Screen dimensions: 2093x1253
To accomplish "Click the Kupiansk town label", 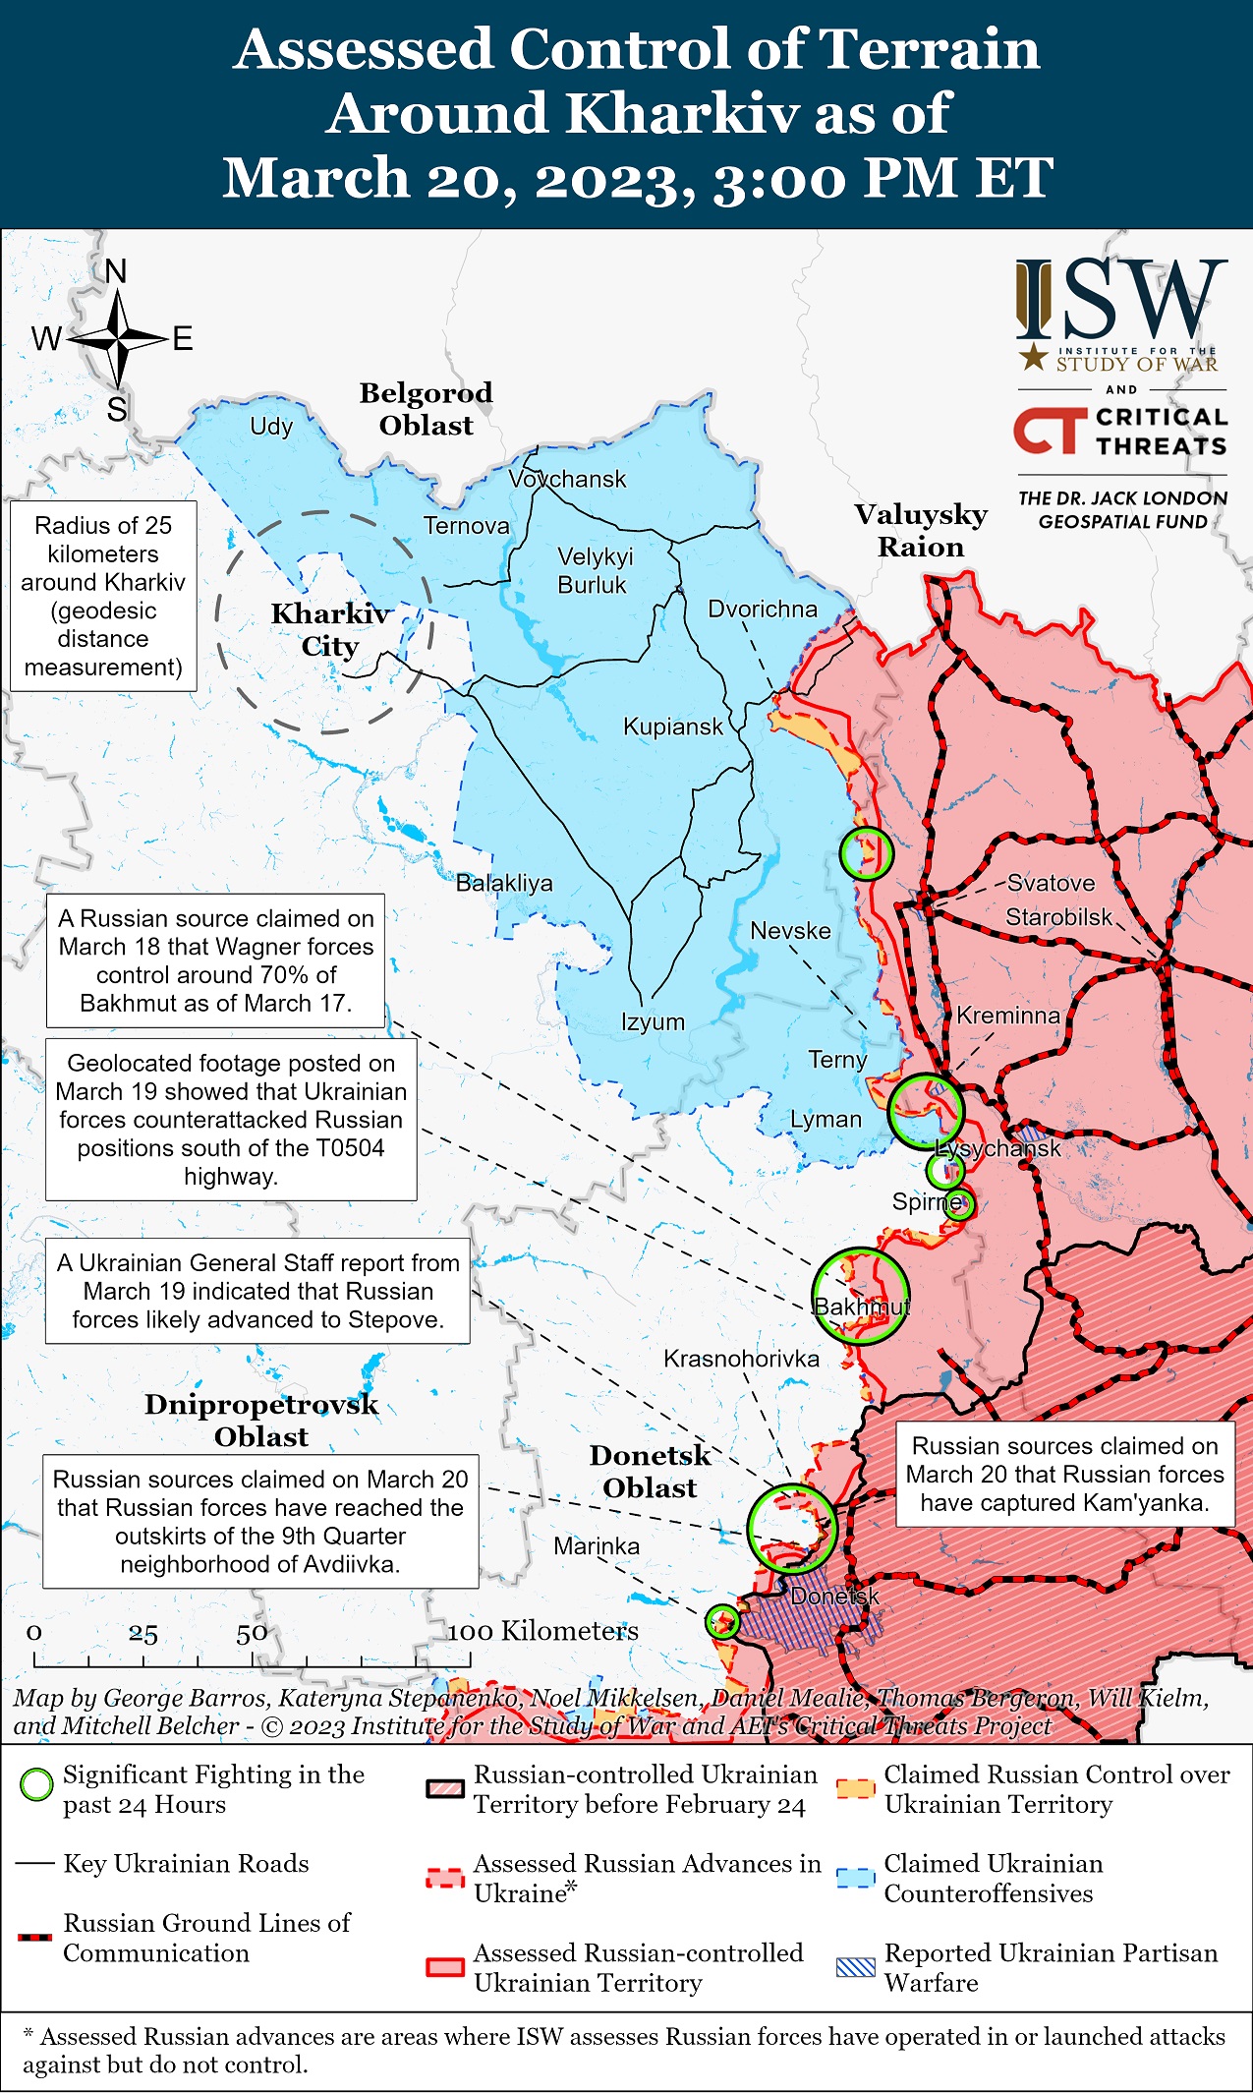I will [672, 727].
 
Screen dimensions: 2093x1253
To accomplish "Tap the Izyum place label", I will [653, 1021].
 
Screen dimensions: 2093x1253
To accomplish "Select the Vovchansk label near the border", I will [567, 479].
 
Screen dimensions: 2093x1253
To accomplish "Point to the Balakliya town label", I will [504, 883].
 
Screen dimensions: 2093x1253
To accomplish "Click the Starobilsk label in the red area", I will [1058, 917].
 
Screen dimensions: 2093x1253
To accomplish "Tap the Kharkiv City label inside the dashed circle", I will [330, 630].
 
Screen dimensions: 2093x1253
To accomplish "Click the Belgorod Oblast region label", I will [426, 409].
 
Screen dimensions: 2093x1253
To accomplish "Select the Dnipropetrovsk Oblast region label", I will [261, 1420].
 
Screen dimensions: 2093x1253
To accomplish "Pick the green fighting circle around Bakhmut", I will [860, 1296].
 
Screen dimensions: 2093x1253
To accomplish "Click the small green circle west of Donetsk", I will [722, 1621].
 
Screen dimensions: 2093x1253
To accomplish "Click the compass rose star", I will [118, 339].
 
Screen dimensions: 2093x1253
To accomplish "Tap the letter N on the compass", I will [116, 271].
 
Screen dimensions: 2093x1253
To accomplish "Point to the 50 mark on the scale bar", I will [252, 1633].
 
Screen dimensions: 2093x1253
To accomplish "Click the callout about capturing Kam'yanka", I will [1064, 1474].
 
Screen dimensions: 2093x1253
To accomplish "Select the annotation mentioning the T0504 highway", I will [231, 1120].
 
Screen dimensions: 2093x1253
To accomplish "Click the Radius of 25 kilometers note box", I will [103, 596].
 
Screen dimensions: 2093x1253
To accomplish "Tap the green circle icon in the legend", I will [36, 1784].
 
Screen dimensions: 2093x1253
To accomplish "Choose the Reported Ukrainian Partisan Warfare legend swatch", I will [855, 1967].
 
